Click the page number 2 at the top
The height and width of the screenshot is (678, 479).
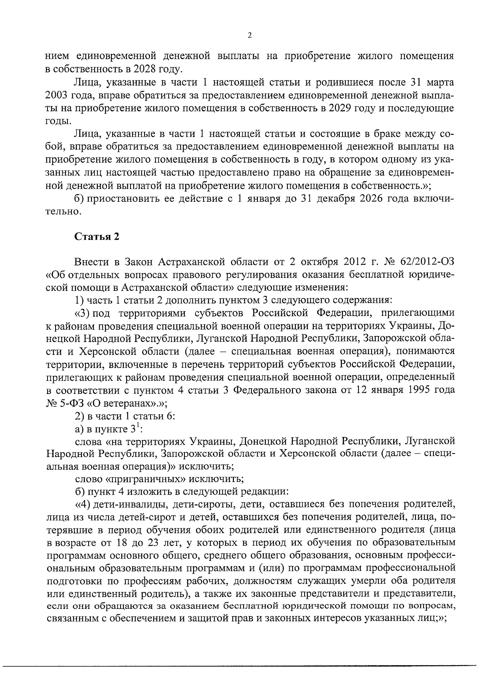(x=249, y=36)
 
